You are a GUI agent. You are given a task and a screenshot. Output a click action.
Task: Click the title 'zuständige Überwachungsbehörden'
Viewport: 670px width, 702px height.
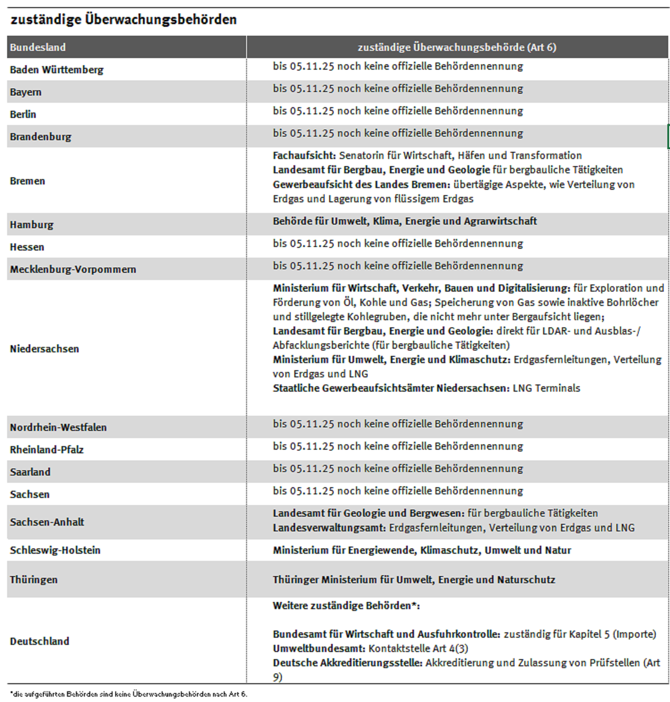click(123, 20)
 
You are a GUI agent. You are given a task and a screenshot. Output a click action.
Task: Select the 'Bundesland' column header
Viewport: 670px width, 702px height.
click(38, 47)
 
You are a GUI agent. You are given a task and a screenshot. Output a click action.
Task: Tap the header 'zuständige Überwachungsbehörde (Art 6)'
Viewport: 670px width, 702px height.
click(456, 47)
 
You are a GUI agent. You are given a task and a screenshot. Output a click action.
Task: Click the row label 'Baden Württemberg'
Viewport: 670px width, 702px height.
click(56, 70)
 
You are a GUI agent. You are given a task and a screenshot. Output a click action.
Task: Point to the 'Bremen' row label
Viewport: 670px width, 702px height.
click(27, 181)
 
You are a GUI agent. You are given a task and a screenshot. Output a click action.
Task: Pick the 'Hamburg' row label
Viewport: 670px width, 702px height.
click(31, 225)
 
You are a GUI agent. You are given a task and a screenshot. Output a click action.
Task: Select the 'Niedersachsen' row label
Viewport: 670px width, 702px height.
click(44, 349)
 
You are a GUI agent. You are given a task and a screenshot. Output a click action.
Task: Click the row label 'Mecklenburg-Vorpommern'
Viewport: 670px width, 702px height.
click(73, 269)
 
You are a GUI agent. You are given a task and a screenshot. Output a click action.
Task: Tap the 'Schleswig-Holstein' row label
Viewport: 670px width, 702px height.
click(55, 550)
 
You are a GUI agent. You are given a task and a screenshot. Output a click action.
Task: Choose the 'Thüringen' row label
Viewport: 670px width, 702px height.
click(33, 580)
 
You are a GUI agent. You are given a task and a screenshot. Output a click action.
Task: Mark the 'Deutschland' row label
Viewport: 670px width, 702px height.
click(39, 641)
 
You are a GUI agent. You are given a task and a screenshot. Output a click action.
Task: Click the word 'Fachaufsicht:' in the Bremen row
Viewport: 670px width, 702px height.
click(304, 155)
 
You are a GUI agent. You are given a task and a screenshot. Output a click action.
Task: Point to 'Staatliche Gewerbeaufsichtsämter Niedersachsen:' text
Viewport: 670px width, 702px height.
click(391, 388)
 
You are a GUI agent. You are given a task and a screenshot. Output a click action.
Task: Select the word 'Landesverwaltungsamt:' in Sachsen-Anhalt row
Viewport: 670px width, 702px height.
click(329, 528)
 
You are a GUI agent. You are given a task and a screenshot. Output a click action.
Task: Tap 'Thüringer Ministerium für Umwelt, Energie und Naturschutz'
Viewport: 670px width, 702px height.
click(414, 580)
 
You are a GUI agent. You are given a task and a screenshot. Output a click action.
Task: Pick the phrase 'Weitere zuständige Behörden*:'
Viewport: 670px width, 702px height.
click(346, 606)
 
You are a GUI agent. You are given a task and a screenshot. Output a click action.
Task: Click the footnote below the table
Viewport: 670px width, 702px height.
click(128, 694)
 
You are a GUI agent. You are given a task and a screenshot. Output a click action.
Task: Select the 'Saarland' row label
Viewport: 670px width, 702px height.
click(30, 472)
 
